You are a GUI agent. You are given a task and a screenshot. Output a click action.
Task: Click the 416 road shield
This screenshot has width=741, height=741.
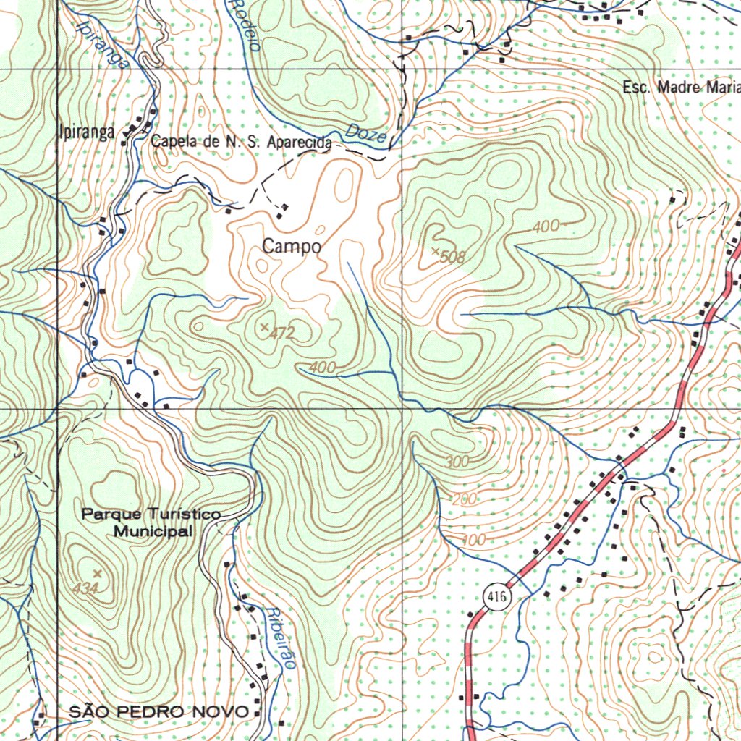point(496,596)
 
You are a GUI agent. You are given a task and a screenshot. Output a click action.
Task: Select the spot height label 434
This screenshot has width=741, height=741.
point(85,589)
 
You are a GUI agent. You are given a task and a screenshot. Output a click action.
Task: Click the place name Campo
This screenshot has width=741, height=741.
point(292,246)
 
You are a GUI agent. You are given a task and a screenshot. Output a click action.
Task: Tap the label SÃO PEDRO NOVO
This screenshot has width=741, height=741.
point(159,711)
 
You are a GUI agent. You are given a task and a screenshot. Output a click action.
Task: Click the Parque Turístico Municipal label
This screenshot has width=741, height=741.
point(151,522)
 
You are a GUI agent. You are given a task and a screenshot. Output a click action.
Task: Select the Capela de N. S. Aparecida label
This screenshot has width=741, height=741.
point(242,143)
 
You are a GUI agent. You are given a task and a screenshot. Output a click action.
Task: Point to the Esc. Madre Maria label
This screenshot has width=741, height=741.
point(681,88)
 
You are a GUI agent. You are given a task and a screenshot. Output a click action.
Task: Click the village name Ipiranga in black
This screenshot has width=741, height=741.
point(86,132)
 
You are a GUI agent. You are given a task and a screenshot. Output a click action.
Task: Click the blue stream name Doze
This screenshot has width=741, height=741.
point(366,133)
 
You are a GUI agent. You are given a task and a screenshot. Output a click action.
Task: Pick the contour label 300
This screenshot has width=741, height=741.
point(456,461)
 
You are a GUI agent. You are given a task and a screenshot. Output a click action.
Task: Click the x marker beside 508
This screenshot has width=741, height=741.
point(436,251)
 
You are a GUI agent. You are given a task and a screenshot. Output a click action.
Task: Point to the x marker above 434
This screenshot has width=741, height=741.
point(98,574)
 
